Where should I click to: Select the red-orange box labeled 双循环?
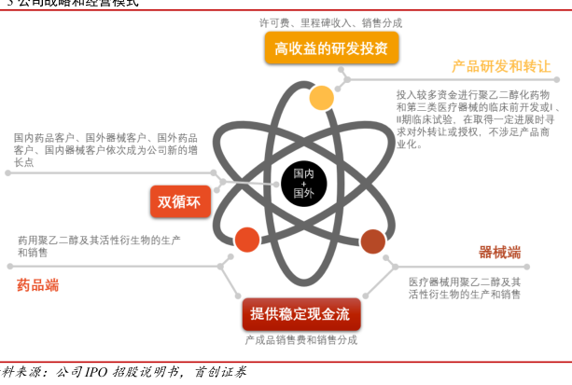click(x=181, y=200)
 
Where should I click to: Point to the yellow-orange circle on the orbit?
click(x=321, y=98)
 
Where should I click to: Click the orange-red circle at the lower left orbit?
click(x=247, y=240)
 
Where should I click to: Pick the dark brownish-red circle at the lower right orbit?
click(x=372, y=242)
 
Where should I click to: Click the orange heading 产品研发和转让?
click(x=501, y=67)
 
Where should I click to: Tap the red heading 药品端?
click(x=37, y=284)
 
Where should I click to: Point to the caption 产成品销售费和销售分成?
click(x=301, y=340)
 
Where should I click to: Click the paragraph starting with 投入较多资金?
click(x=477, y=119)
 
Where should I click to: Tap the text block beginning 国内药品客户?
click(x=105, y=149)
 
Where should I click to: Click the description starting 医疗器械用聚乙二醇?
click(x=465, y=287)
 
